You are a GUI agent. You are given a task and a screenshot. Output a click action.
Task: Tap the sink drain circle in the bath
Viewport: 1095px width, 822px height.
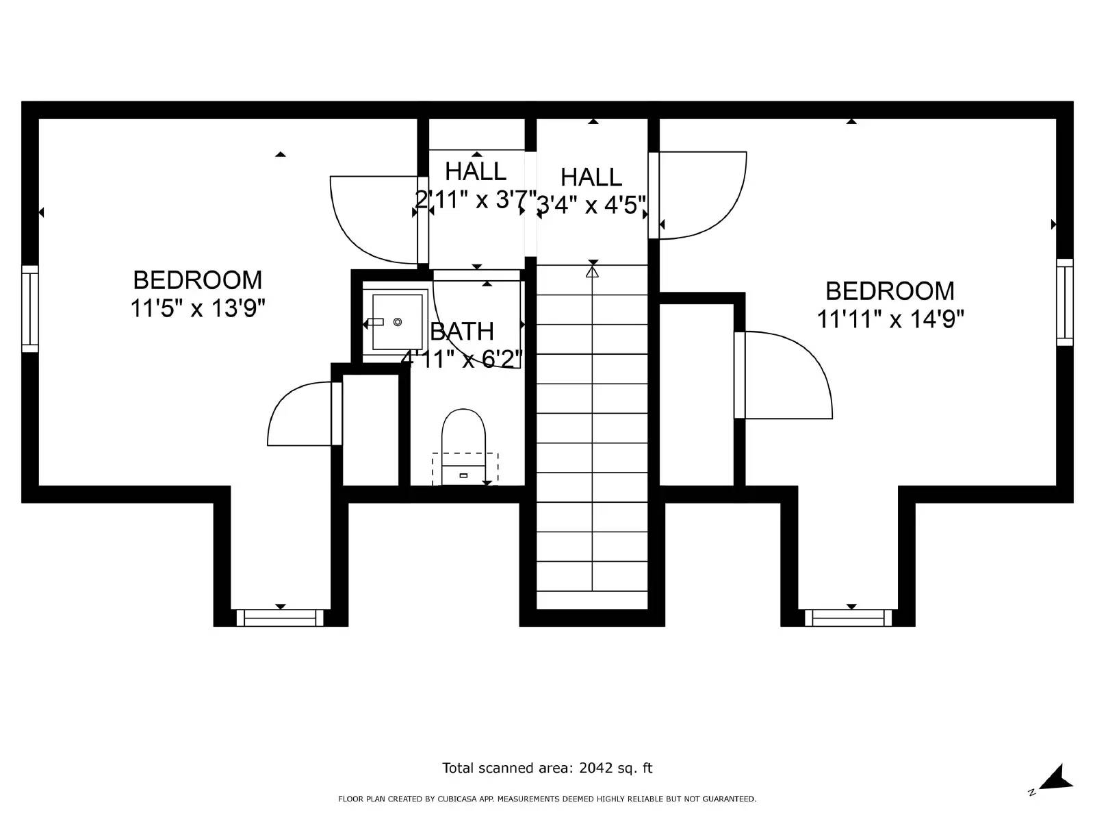click(x=398, y=322)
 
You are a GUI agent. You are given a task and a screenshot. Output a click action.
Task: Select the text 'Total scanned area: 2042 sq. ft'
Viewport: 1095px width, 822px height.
click(x=547, y=768)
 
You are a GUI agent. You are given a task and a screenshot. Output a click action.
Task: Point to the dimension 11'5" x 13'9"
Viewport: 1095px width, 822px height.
click(x=198, y=308)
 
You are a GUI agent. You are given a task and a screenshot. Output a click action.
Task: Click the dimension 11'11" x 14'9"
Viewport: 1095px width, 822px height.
click(x=890, y=319)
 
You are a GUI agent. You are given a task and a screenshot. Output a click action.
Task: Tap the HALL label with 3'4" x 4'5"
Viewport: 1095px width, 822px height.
click(x=591, y=177)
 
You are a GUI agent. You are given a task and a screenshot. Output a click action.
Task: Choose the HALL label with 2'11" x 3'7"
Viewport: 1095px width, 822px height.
click(x=476, y=172)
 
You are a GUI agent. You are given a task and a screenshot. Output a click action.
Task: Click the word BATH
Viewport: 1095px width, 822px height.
click(x=462, y=332)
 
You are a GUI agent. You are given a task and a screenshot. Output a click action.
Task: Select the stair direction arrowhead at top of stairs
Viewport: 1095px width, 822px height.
click(x=592, y=272)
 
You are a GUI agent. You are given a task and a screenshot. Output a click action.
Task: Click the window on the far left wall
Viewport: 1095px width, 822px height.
click(x=30, y=308)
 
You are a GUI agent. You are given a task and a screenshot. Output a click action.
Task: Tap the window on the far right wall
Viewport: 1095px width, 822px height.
click(x=1065, y=302)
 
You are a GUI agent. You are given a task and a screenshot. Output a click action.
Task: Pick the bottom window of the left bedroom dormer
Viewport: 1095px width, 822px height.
click(x=280, y=618)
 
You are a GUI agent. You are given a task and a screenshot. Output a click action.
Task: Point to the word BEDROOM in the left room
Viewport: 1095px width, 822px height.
click(x=198, y=280)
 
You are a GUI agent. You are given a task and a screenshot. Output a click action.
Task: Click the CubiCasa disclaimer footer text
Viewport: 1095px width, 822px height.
click(x=547, y=799)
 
